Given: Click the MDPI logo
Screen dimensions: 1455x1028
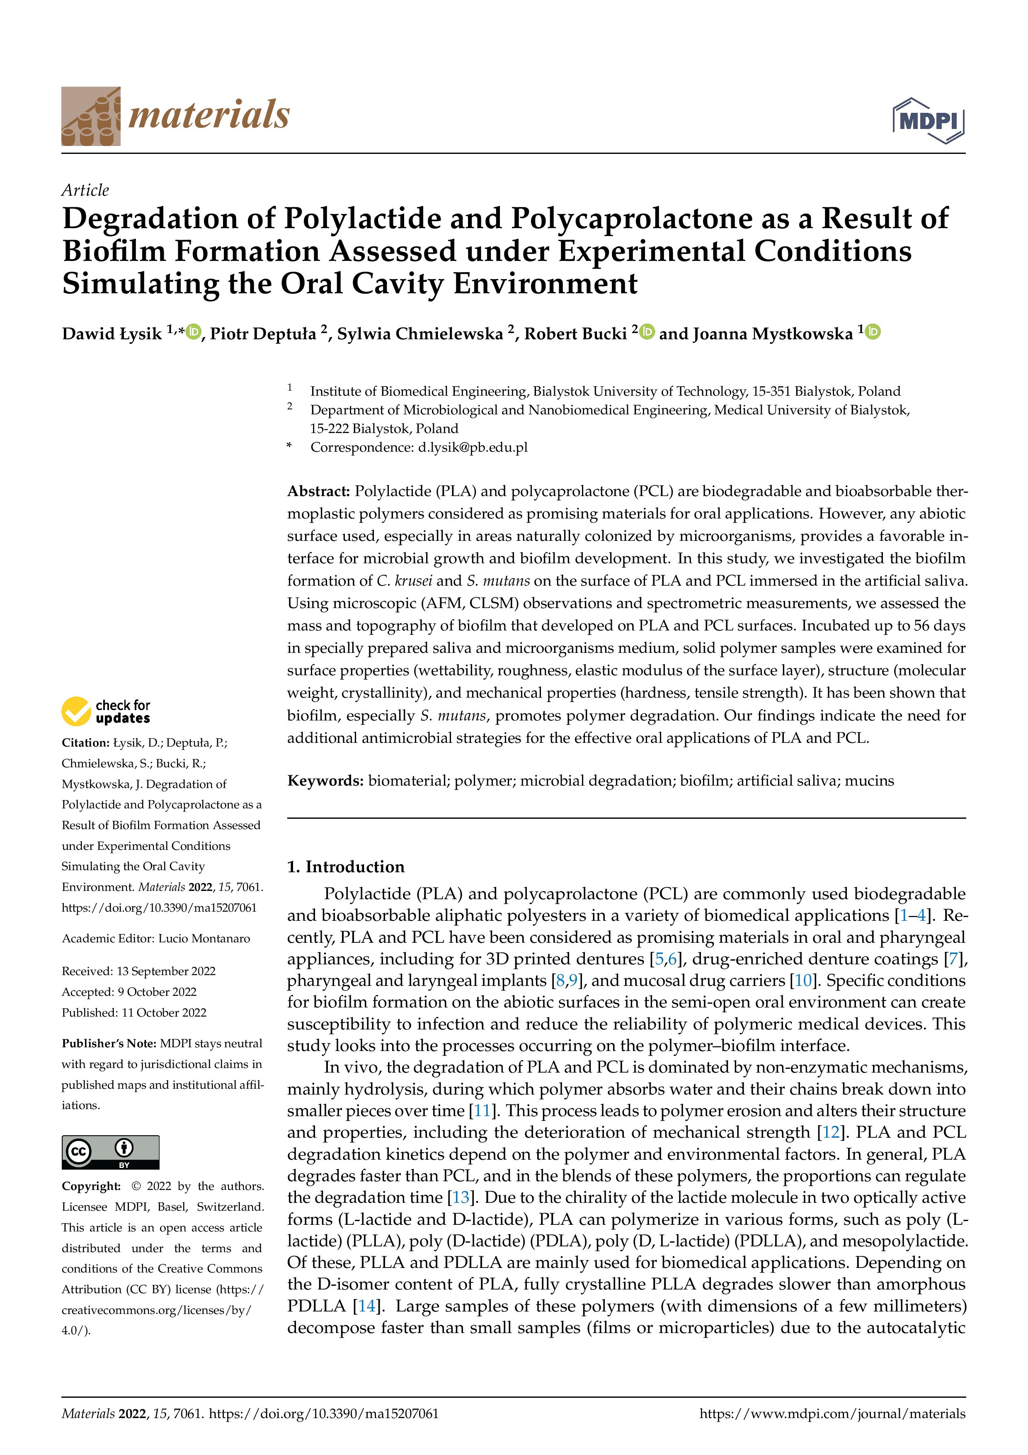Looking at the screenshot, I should [928, 120].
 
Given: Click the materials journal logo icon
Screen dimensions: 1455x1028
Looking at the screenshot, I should [91, 117].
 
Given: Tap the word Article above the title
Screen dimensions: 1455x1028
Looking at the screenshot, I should [85, 190].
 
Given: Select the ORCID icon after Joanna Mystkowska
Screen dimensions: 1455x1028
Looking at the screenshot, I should [873, 331].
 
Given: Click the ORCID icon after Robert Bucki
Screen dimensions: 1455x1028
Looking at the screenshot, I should [647, 331].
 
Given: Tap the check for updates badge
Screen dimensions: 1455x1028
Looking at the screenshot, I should [106, 711].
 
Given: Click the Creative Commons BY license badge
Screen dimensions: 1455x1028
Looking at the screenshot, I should [110, 1153].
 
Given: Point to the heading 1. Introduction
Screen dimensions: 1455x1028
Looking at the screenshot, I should [345, 867].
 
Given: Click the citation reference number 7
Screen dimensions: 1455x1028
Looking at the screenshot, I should [951, 959].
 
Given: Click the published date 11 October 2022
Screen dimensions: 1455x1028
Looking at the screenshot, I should [163, 1013].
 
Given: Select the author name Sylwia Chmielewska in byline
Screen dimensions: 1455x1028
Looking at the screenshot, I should [419, 334].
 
